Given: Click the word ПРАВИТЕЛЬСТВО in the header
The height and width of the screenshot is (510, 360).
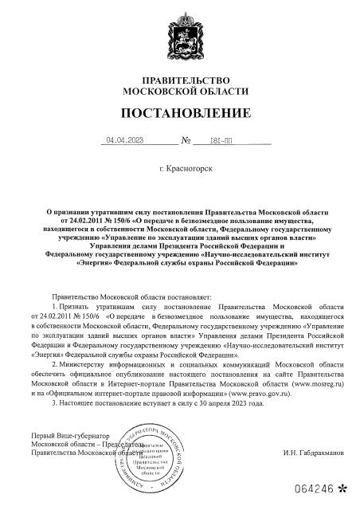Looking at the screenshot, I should pos(185,80).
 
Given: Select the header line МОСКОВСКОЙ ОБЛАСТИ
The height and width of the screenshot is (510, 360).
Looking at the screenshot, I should pos(185,91).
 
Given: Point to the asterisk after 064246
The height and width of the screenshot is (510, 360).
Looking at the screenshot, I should pos(342,487).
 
